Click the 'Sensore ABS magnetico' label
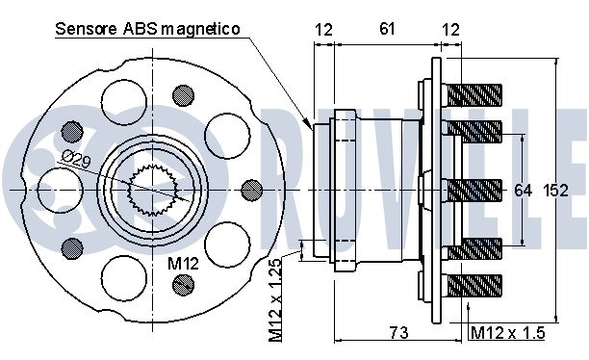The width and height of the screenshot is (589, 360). click(147, 29)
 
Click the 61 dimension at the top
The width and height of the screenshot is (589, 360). click(387, 29)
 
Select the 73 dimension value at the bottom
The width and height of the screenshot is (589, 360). click(398, 332)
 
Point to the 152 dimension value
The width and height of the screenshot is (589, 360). click(556, 191)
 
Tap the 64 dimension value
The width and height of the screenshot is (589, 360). click(523, 191)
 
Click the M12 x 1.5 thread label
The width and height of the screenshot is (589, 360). click(507, 333)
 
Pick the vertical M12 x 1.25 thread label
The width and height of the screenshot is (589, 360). click(275, 300)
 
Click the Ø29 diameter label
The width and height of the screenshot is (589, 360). click(76, 159)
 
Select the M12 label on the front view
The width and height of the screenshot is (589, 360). click(183, 264)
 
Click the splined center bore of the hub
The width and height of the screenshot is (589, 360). click(152, 191)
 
